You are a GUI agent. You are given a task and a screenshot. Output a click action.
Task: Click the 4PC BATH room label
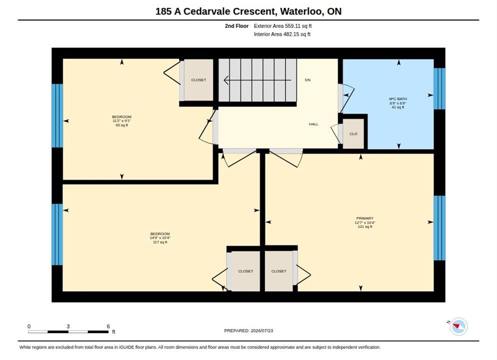[398, 99]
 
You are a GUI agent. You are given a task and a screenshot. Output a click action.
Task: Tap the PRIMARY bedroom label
[365, 218]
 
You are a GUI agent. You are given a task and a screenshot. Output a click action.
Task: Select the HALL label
[313, 124]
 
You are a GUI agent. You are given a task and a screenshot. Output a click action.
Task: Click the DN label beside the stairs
[308, 80]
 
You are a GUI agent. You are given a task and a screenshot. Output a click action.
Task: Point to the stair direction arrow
[257, 80]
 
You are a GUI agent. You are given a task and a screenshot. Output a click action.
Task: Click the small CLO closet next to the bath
[353, 133]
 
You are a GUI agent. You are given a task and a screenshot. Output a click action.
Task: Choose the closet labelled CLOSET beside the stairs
[198, 80]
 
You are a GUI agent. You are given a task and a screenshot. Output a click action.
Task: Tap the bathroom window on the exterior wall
[439, 88]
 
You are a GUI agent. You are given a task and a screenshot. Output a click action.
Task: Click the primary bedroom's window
[439, 228]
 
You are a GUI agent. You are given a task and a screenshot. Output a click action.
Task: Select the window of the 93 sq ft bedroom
[57, 115]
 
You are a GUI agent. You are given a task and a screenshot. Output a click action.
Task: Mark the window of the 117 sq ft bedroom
[57, 234]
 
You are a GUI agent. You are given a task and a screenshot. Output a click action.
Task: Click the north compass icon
[458, 326]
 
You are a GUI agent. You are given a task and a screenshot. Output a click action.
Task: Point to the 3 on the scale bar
[68, 326]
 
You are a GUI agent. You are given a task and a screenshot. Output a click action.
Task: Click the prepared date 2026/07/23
[262, 330]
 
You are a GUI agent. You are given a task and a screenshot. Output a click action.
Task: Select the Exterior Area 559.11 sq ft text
[282, 26]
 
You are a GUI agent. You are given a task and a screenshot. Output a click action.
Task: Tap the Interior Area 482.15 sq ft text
[282, 34]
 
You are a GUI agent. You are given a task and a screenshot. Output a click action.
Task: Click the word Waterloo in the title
[302, 11]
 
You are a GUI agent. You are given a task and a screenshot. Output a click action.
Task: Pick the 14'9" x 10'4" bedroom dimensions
[160, 238]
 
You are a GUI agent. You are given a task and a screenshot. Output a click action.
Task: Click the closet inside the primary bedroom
[279, 271]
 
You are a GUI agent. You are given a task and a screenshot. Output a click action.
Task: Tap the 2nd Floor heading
[237, 26]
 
